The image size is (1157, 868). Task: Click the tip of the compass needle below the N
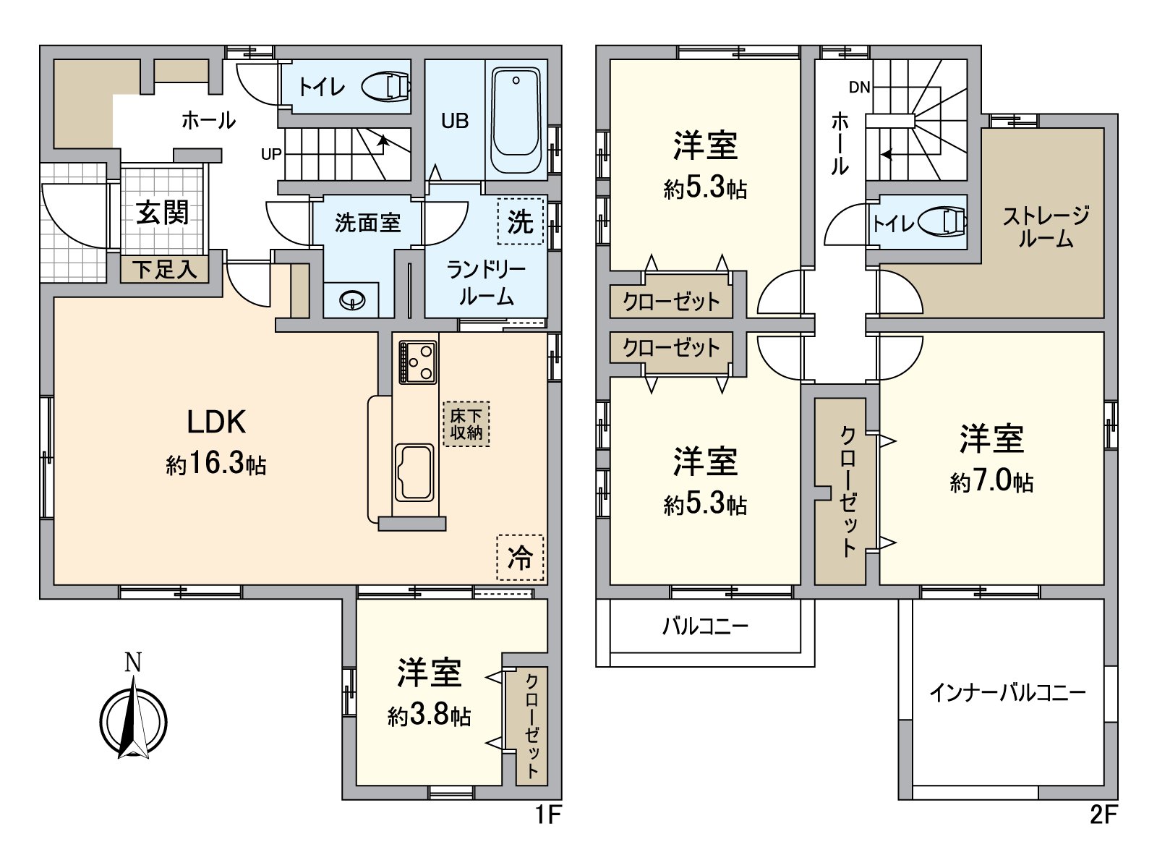pyautogui.click(x=135, y=676)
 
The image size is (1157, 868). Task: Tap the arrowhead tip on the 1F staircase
pyautogui.click(x=383, y=136)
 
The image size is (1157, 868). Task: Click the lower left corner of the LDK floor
pyautogui.click(x=54, y=584)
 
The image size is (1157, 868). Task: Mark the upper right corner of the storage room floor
pyautogui.click(x=1103, y=128)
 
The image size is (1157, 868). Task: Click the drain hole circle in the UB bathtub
pyautogui.click(x=516, y=80)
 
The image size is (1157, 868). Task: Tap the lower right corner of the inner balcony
pyautogui.click(x=1103, y=800)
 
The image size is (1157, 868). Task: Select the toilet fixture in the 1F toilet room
pyautogui.click(x=386, y=86)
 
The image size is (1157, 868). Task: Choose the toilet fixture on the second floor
pyautogui.click(x=942, y=222)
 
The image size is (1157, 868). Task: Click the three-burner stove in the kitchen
pyautogui.click(x=418, y=362)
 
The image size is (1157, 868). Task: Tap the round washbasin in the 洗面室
pyautogui.click(x=353, y=301)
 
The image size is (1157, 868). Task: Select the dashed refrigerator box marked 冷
pyautogui.click(x=520, y=558)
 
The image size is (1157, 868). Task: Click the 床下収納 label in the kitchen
pyautogui.click(x=466, y=425)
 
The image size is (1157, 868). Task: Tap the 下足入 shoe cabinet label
pyautogui.click(x=165, y=270)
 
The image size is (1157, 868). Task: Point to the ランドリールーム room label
pyautogui.click(x=486, y=284)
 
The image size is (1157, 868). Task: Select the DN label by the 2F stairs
pyautogui.click(x=859, y=88)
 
